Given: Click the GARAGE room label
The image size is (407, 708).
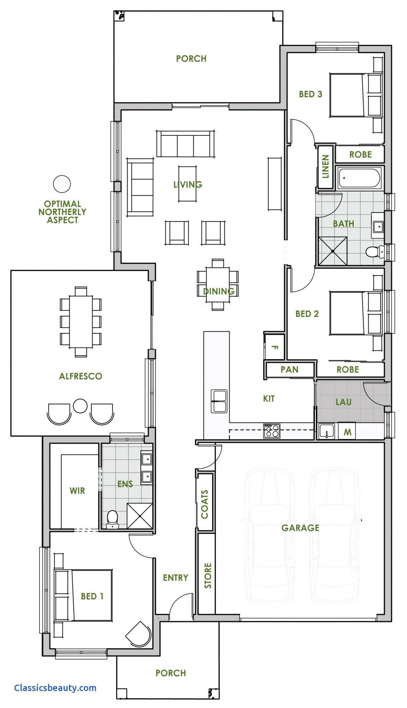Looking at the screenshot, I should tap(300, 528).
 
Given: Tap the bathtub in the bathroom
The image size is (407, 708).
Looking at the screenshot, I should tap(359, 178).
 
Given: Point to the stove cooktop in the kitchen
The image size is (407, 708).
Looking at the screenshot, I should tap(271, 431).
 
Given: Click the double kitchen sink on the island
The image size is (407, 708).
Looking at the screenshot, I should tap(219, 401).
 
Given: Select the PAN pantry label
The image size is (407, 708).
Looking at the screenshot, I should tap(289, 369).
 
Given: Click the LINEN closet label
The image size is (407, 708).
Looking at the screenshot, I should tap(325, 166).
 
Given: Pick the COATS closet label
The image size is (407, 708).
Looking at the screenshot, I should tap(205, 504).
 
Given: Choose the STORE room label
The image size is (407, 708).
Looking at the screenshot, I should tap(208, 575).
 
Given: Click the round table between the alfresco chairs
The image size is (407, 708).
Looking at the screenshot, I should tap(80, 406).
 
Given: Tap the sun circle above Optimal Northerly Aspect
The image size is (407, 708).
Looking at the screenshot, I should tap(62, 184).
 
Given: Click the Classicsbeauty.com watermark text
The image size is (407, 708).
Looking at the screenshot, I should tap(55, 688).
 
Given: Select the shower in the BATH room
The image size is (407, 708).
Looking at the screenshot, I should tap(332, 251).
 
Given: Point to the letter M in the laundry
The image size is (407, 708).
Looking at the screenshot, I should tap(347, 432).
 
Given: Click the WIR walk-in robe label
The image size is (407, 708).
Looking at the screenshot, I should tap(77, 490).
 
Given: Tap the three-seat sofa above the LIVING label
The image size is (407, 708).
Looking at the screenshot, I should tap(185, 144).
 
